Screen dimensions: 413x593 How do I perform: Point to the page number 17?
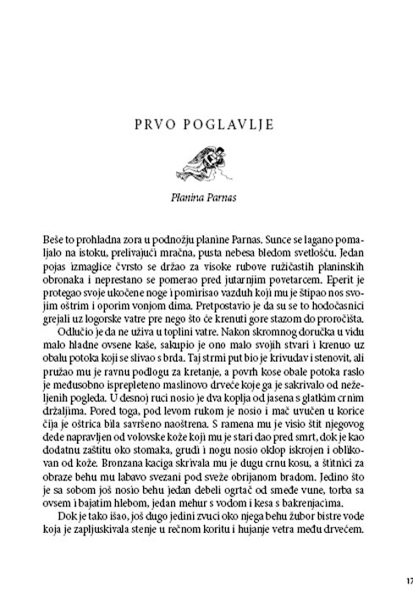click(x=407, y=581)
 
